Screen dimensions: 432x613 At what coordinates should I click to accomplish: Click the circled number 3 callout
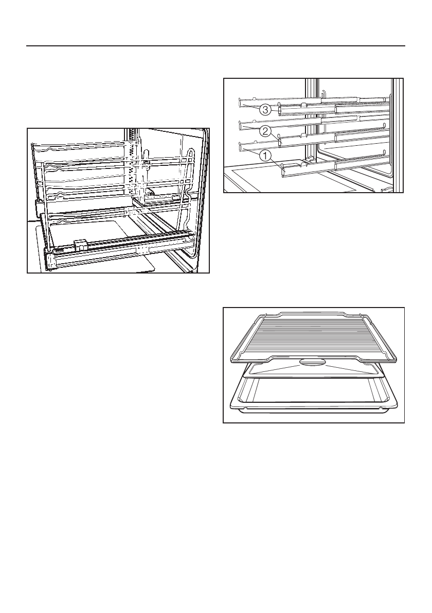[x=265, y=110]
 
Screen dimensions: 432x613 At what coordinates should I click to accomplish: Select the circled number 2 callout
[x=265, y=132]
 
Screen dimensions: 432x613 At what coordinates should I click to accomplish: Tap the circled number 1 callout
[x=265, y=154]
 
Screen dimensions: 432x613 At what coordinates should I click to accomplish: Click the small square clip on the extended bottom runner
[x=80, y=243]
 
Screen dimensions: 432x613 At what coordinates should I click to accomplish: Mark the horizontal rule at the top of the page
[x=216, y=45]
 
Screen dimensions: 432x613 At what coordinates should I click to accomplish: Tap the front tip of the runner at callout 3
[x=279, y=111]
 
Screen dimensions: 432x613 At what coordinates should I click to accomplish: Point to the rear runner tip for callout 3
[x=240, y=101]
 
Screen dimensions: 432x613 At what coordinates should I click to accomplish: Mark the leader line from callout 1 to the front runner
[x=275, y=162]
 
